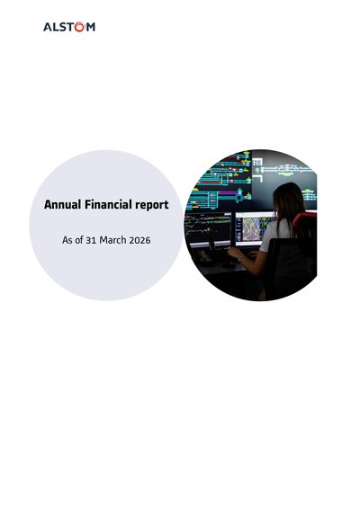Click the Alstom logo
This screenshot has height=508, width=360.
[x=69, y=27]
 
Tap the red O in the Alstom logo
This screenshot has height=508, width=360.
[x=80, y=27]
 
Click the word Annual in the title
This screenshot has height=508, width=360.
[x=63, y=205]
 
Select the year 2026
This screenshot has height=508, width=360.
[x=139, y=240]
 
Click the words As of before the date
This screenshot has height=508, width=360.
[x=73, y=240]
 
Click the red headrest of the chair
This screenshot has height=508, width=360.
[x=305, y=221]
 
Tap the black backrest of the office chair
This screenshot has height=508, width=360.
[x=291, y=264]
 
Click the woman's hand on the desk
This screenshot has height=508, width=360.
[x=233, y=252]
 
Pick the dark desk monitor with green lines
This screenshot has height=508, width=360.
[x=208, y=228]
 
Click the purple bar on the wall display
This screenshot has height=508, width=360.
[x=228, y=192]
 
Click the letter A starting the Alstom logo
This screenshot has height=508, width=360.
[x=48, y=27]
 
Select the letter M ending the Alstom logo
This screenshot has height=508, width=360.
[x=91, y=27]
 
